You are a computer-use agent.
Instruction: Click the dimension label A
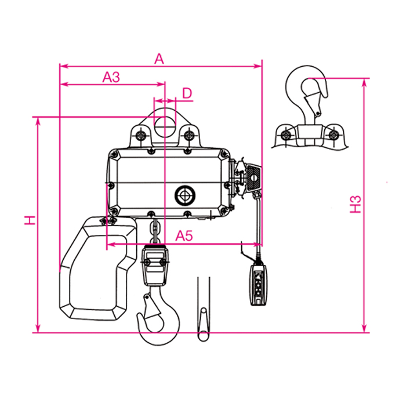[x=159, y=59]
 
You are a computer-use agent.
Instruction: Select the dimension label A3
[x=111, y=77]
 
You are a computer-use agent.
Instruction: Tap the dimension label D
[x=187, y=93]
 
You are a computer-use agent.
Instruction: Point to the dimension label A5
[x=184, y=236]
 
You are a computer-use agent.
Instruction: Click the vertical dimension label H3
[x=356, y=204]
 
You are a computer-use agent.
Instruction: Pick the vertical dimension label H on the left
[x=30, y=220]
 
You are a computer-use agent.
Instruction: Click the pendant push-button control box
[x=259, y=285]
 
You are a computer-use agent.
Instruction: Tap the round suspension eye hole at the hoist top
[x=165, y=127]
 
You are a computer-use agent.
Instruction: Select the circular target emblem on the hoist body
[x=185, y=195]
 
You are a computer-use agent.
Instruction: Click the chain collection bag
[x=98, y=268]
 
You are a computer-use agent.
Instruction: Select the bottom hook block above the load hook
[x=155, y=265]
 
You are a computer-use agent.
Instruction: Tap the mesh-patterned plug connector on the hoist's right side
[x=253, y=177]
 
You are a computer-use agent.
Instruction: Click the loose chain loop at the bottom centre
[x=204, y=324]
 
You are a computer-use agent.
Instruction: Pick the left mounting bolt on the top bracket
[x=141, y=135]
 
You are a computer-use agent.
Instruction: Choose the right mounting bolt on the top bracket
[x=189, y=135]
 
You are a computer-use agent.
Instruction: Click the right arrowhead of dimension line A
[x=259, y=66]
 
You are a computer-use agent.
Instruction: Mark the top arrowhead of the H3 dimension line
[x=364, y=82]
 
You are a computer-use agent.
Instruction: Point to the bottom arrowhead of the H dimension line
[x=38, y=328]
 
